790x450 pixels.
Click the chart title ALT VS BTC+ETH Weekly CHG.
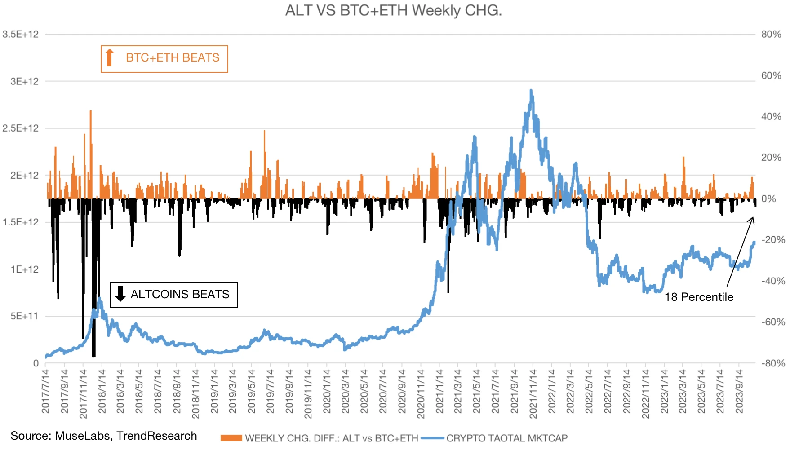tap(393, 10)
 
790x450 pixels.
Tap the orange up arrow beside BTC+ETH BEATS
tap(109, 58)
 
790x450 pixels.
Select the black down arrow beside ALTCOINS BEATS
tap(120, 294)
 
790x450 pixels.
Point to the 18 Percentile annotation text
tap(699, 297)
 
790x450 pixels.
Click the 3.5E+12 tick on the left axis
tap(21, 35)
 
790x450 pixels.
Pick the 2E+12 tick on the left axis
tap(24, 175)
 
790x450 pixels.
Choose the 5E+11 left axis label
tap(24, 316)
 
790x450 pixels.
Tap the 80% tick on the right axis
tap(771, 35)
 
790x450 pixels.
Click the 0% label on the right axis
tap(769, 199)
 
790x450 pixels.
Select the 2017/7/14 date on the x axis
tap(46, 391)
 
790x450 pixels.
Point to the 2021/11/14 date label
tap(533, 393)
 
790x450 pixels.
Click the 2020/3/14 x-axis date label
tap(345, 391)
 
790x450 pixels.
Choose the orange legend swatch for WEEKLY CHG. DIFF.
tap(231, 438)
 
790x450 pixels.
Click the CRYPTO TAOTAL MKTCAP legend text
tap(507, 438)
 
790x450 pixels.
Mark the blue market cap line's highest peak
tap(531, 91)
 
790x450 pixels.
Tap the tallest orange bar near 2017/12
tap(90, 112)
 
